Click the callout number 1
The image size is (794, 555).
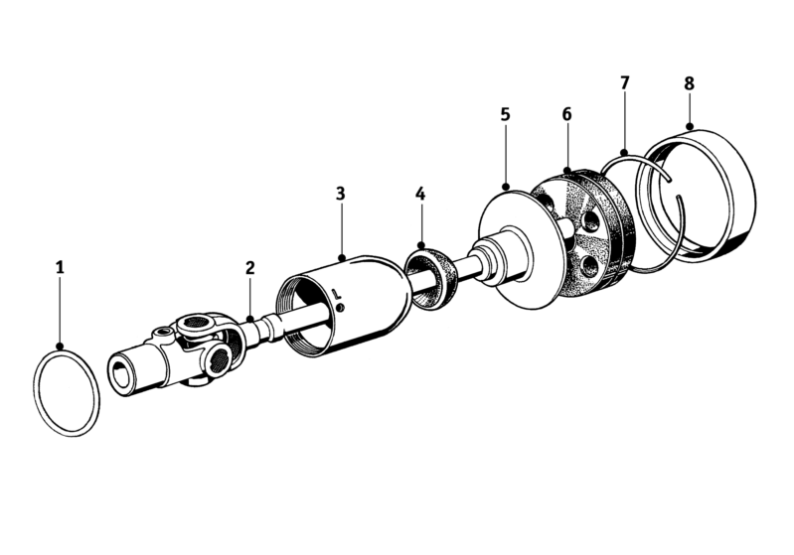point(61,267)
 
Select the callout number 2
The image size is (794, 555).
point(250,268)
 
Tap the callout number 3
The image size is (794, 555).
point(340,194)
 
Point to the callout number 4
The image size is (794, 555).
point(420,194)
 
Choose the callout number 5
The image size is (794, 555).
point(506,114)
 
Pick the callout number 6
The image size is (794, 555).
point(566,114)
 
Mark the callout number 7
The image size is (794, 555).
point(624,82)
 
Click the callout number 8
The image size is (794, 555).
point(690,83)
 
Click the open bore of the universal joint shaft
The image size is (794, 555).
point(120,375)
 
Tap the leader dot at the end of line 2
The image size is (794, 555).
point(250,320)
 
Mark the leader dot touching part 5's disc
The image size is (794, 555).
point(506,188)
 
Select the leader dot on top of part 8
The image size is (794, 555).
point(690,125)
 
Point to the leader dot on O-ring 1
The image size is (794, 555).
point(61,347)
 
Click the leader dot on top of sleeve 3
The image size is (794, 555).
point(342,258)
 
